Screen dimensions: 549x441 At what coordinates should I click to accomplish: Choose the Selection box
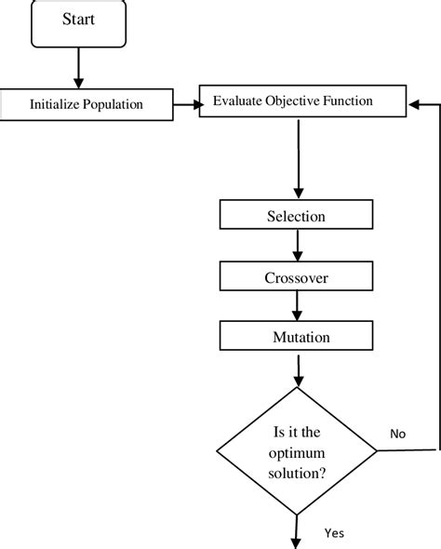296,216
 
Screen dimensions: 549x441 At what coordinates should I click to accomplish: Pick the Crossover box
296,276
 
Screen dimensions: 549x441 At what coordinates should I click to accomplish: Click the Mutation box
296,337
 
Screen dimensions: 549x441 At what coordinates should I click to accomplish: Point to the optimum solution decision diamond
297,450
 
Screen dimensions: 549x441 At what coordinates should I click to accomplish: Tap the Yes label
335,533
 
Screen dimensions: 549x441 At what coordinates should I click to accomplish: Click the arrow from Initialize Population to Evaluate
187,104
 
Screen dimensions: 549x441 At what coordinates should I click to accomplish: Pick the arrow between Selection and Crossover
297,246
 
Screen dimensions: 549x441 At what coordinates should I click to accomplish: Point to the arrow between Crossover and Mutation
297,306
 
